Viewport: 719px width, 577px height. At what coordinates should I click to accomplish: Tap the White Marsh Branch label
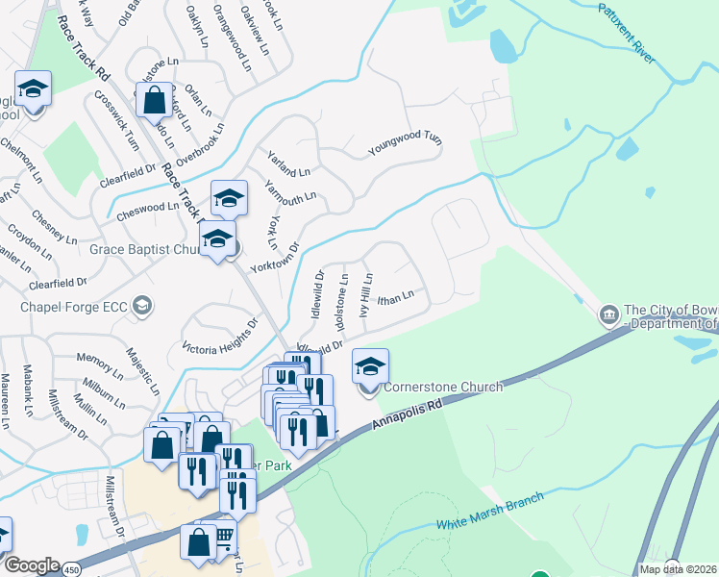point(490,511)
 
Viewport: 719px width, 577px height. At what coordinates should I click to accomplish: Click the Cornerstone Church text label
point(443,388)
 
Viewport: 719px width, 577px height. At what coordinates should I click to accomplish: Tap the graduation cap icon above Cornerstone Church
point(370,366)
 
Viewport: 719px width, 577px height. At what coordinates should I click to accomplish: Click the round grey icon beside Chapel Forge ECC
point(142,307)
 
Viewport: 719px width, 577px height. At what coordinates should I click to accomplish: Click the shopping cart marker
point(223,535)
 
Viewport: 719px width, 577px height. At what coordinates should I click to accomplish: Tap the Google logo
point(31,565)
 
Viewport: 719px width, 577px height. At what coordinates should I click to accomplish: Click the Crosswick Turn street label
point(119,120)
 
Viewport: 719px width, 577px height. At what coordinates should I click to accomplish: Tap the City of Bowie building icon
point(608,314)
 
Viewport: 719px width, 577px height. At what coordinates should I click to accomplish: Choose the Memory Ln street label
point(100,358)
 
